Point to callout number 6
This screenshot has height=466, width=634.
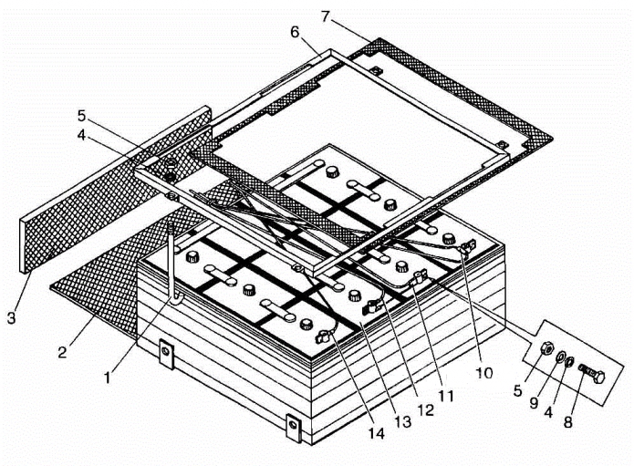295,32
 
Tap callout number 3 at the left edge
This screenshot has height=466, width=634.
11,317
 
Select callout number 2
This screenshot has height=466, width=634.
62,352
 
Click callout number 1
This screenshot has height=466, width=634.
107,378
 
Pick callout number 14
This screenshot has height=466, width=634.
376,433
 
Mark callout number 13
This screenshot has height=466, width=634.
402,421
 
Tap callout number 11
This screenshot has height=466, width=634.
445,397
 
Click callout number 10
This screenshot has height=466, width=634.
484,373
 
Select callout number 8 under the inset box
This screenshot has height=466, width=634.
568,422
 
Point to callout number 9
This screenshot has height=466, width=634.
535,402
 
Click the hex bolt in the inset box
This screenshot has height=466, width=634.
591,374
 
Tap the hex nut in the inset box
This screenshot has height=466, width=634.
546,347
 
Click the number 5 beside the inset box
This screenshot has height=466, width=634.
518,391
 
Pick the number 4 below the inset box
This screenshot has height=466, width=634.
548,413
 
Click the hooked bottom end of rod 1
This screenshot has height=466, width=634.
175,301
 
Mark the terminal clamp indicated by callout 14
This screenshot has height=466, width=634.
324,335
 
